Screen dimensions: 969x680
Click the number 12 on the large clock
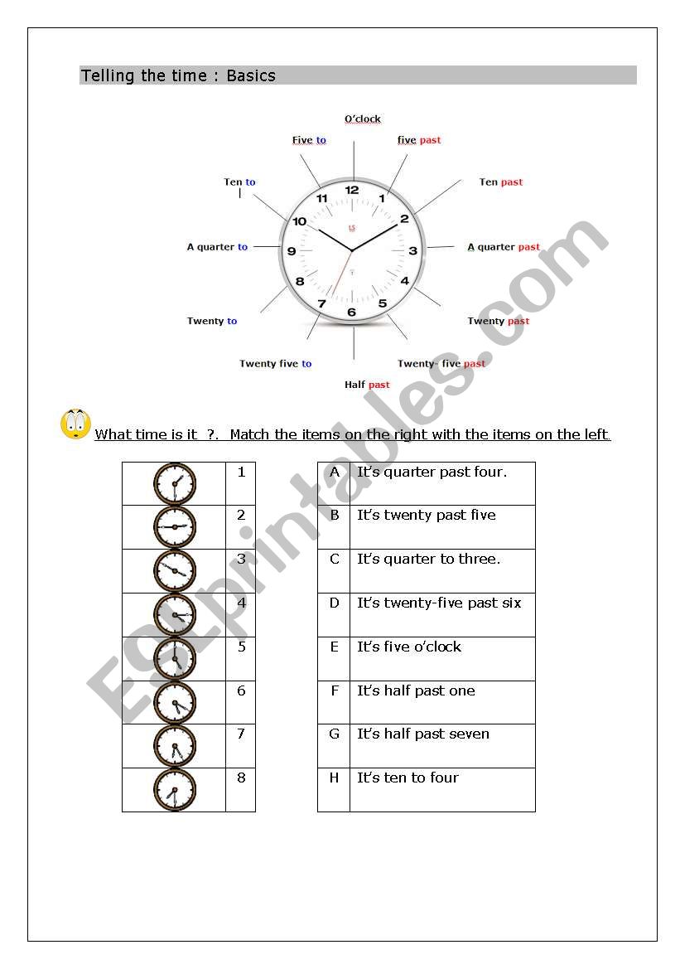click(352, 190)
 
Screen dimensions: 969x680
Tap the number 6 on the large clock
click(351, 313)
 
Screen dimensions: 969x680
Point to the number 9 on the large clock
click(291, 251)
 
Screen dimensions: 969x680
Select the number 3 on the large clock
click(412, 251)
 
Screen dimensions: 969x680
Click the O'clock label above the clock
click(363, 119)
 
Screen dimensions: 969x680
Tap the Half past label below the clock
click(367, 385)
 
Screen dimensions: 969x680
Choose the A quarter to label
click(217, 247)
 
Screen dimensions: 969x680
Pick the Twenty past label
click(498, 322)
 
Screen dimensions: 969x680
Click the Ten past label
click(501, 182)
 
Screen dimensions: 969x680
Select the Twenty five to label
click(275, 364)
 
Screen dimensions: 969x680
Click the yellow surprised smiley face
click(75, 424)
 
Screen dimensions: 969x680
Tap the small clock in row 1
click(175, 483)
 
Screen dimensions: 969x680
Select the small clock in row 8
click(175, 790)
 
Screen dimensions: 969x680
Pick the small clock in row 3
click(175, 571)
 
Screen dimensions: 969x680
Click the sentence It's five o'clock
click(409, 647)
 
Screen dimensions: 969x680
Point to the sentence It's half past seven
click(423, 734)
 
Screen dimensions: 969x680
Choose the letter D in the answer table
click(335, 603)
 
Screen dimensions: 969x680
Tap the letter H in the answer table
click(335, 778)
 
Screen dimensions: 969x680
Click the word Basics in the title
click(251, 75)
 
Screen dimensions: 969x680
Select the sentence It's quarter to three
click(429, 559)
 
